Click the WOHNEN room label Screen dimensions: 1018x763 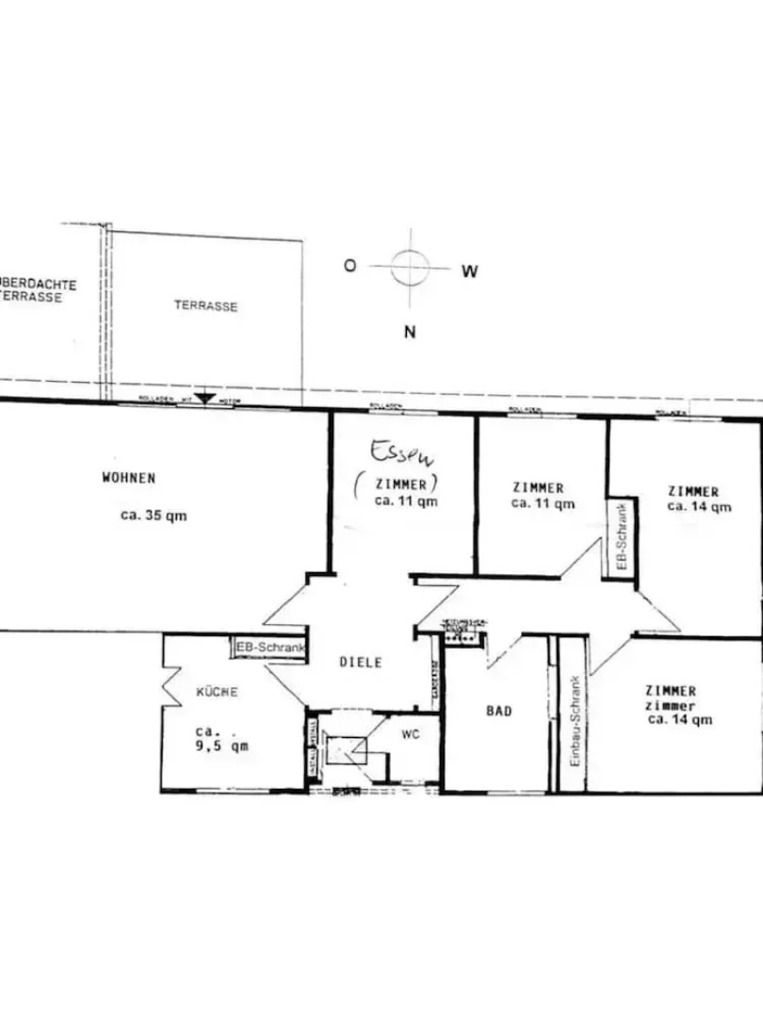click(129, 478)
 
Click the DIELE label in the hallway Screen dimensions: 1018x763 click(361, 662)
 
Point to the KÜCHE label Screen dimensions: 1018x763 click(217, 692)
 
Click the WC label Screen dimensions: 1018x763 click(410, 733)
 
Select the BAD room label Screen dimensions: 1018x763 click(499, 711)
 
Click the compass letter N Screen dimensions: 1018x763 click(410, 331)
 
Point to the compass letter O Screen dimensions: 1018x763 click(349, 266)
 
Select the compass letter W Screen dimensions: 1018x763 click(470, 271)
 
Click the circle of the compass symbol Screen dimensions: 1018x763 click(410, 267)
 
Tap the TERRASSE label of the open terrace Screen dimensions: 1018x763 click(205, 306)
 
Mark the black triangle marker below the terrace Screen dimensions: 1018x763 click(204, 400)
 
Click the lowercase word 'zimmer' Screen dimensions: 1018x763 click(672, 705)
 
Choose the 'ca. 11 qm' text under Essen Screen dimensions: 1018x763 click(406, 501)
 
